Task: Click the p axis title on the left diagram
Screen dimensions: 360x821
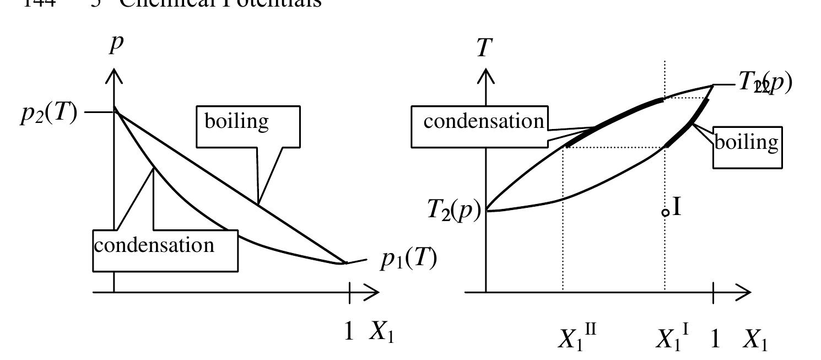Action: point(115,44)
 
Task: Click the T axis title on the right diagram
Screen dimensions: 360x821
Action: point(483,48)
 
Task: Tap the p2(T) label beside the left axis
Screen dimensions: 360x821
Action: point(49,116)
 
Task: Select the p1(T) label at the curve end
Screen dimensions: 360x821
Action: point(408,259)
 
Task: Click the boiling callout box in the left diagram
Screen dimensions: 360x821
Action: point(249,126)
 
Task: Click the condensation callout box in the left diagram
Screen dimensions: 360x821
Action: point(165,251)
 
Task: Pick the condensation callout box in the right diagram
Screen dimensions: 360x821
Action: point(479,126)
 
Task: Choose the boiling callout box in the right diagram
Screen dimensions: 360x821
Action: point(747,147)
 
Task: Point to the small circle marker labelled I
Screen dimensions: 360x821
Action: point(666,212)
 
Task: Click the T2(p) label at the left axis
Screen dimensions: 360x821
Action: point(455,211)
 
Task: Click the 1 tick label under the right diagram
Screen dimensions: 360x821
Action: point(715,338)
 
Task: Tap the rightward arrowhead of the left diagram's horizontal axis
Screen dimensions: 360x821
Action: point(372,292)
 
